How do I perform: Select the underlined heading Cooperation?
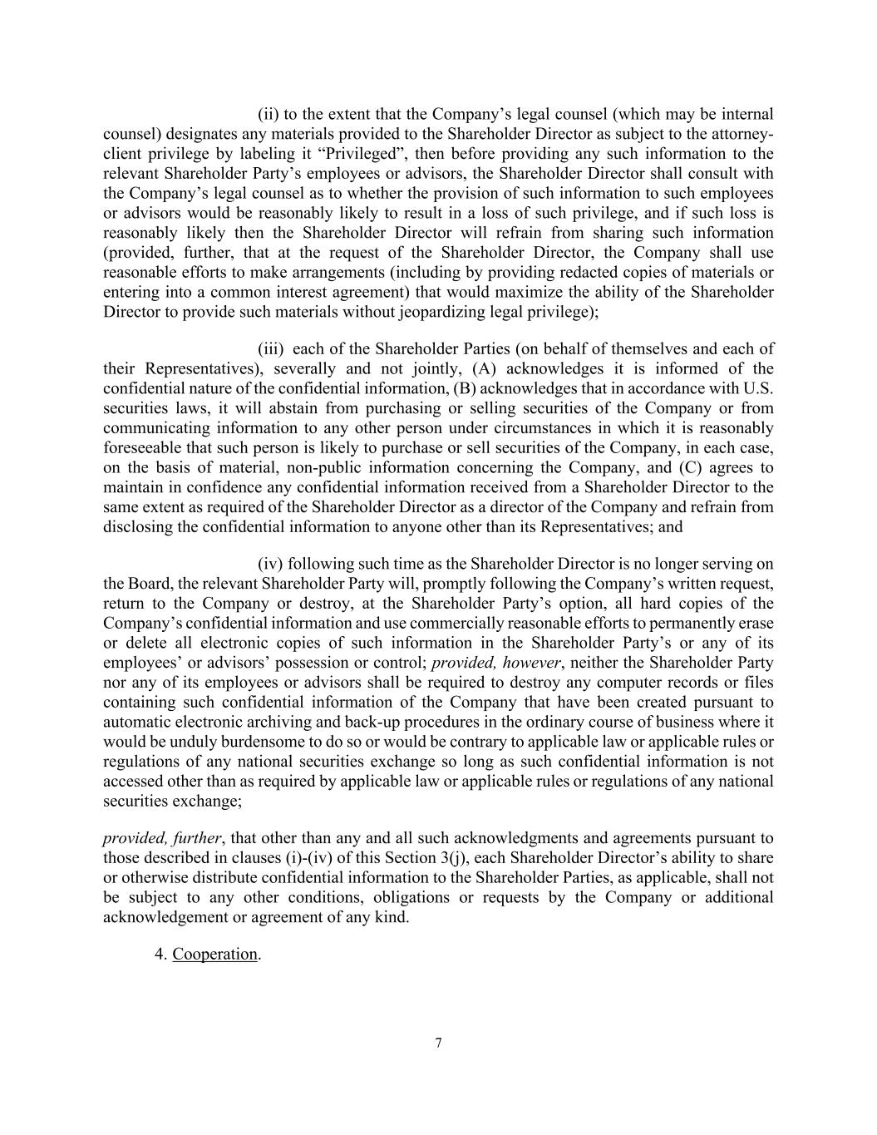tap(214, 954)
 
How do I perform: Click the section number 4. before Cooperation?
tap(161, 954)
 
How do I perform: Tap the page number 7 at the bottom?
tap(438, 1044)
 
